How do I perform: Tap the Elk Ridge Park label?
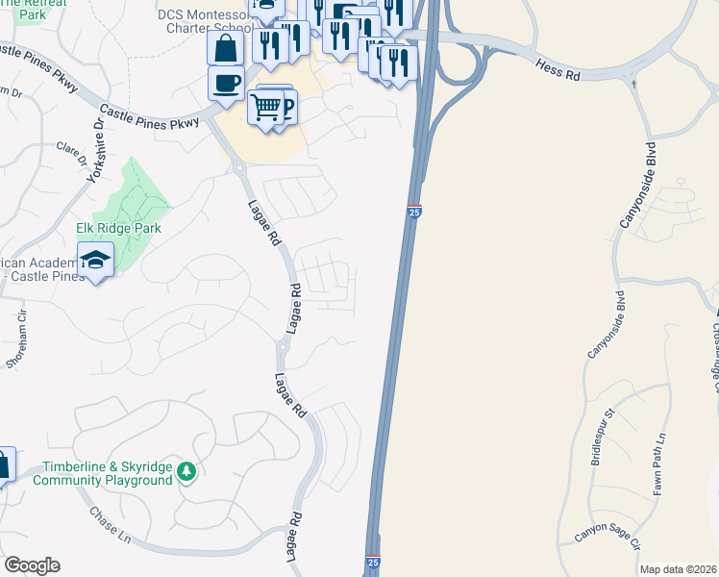pyautogui.click(x=119, y=229)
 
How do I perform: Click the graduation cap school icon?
pyautogui.click(x=95, y=260)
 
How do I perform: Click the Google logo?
pyautogui.click(x=32, y=565)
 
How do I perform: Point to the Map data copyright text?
pyautogui.click(x=678, y=569)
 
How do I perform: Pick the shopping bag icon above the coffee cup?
pyautogui.click(x=225, y=47)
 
